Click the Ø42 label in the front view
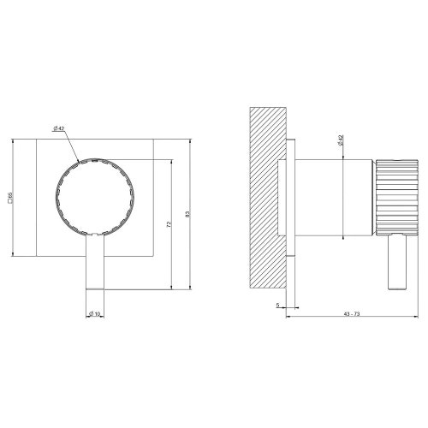pos(60,128)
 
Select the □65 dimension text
pos(9,199)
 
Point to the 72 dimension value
pos(169,223)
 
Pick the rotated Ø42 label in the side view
pos(341,141)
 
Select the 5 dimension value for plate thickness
pos(278,304)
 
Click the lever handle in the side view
pos(395,262)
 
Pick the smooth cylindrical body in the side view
pos(335,196)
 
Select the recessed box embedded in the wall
pos(283,196)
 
